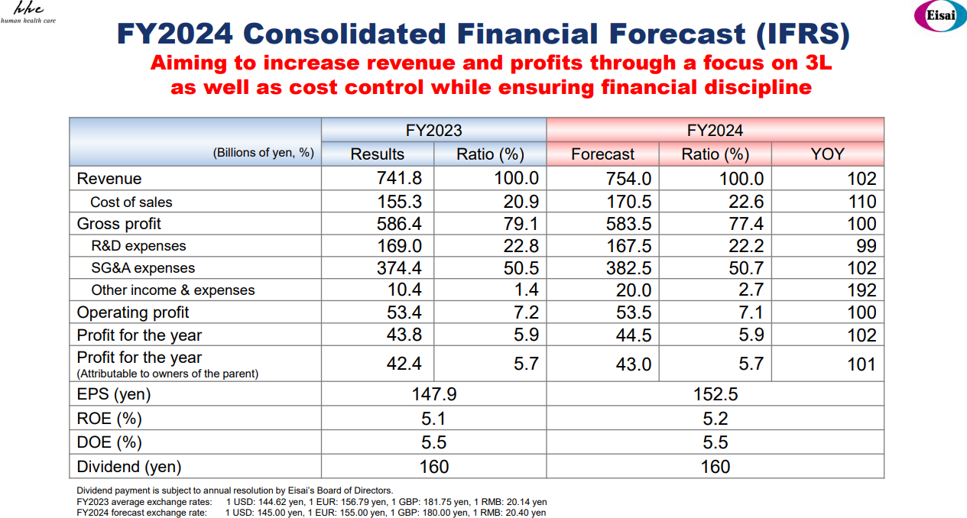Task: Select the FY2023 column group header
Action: tap(433, 131)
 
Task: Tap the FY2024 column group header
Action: tap(715, 131)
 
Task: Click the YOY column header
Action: tap(827, 154)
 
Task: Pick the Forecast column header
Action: tap(602, 154)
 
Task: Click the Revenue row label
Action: tap(109, 179)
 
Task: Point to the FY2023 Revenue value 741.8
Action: tap(396, 179)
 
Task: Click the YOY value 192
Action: tap(862, 290)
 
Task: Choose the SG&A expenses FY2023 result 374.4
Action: tap(396, 268)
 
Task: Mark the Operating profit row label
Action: tap(133, 312)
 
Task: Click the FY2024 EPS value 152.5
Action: tap(715, 394)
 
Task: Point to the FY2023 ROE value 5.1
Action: tap(433, 419)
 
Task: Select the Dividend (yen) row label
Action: tap(129, 467)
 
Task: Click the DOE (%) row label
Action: tap(109, 442)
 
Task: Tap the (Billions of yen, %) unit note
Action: tap(264, 153)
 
